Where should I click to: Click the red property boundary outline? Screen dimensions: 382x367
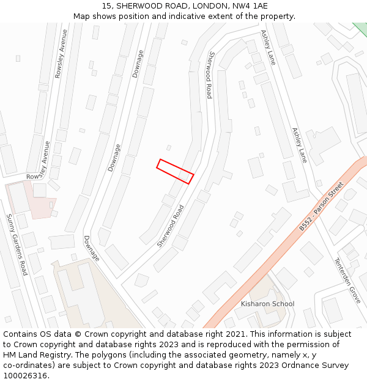click(175, 171)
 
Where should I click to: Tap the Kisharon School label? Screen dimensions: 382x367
click(267, 304)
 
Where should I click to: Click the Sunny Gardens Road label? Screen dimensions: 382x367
click(17, 244)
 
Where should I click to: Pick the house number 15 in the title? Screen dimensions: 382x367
click(106, 6)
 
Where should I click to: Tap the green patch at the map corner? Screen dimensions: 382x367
click(361, 28)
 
